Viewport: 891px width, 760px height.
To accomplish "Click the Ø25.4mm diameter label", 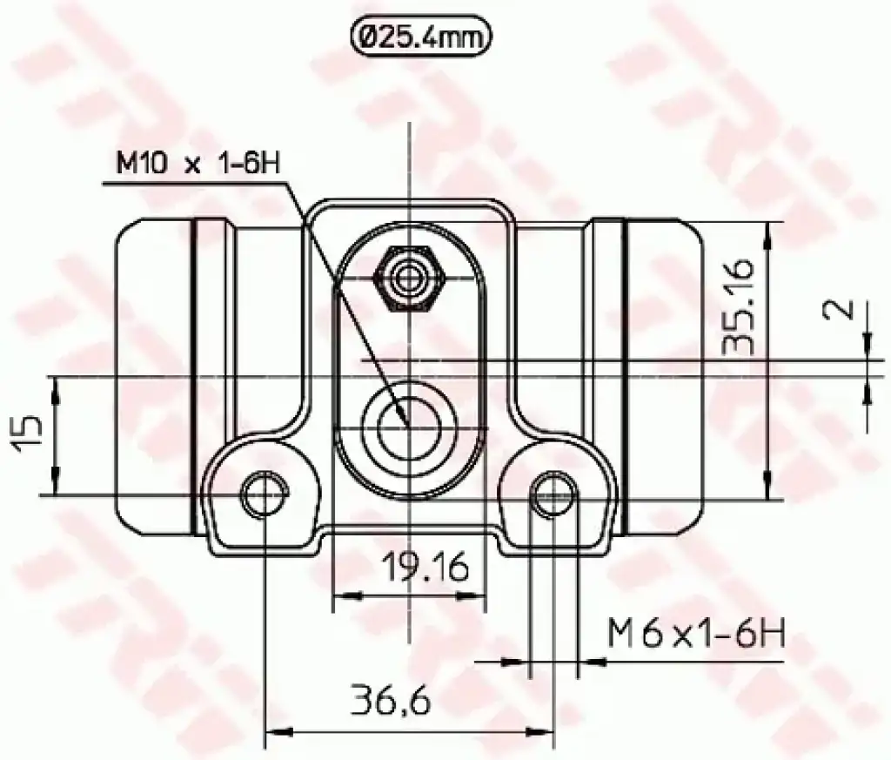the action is [421, 38].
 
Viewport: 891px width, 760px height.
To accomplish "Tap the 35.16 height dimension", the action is [740, 307].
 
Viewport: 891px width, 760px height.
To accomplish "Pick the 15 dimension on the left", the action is [28, 434].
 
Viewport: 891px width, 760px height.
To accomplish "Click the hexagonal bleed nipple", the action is [408, 279].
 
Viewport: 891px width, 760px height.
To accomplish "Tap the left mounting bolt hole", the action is [265, 494].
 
